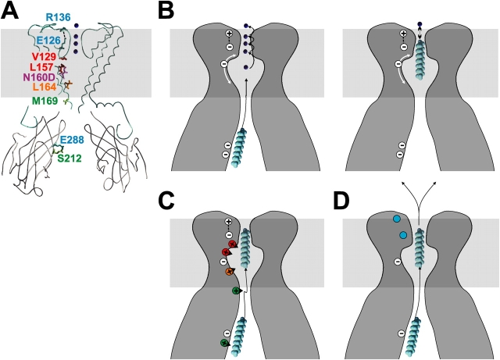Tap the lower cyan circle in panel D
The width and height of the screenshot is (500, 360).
tap(404, 235)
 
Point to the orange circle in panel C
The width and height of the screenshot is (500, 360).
tap(229, 272)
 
